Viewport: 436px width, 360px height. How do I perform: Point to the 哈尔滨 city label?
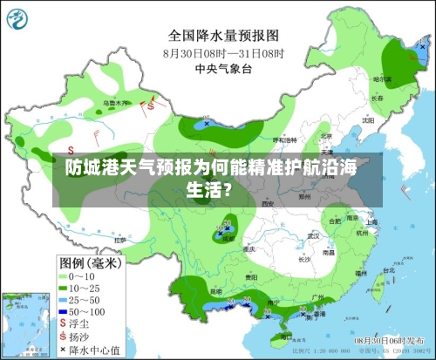tap(382, 78)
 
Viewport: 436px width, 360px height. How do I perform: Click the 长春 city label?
tap(378, 98)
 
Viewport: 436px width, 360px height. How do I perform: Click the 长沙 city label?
tap(304, 258)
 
